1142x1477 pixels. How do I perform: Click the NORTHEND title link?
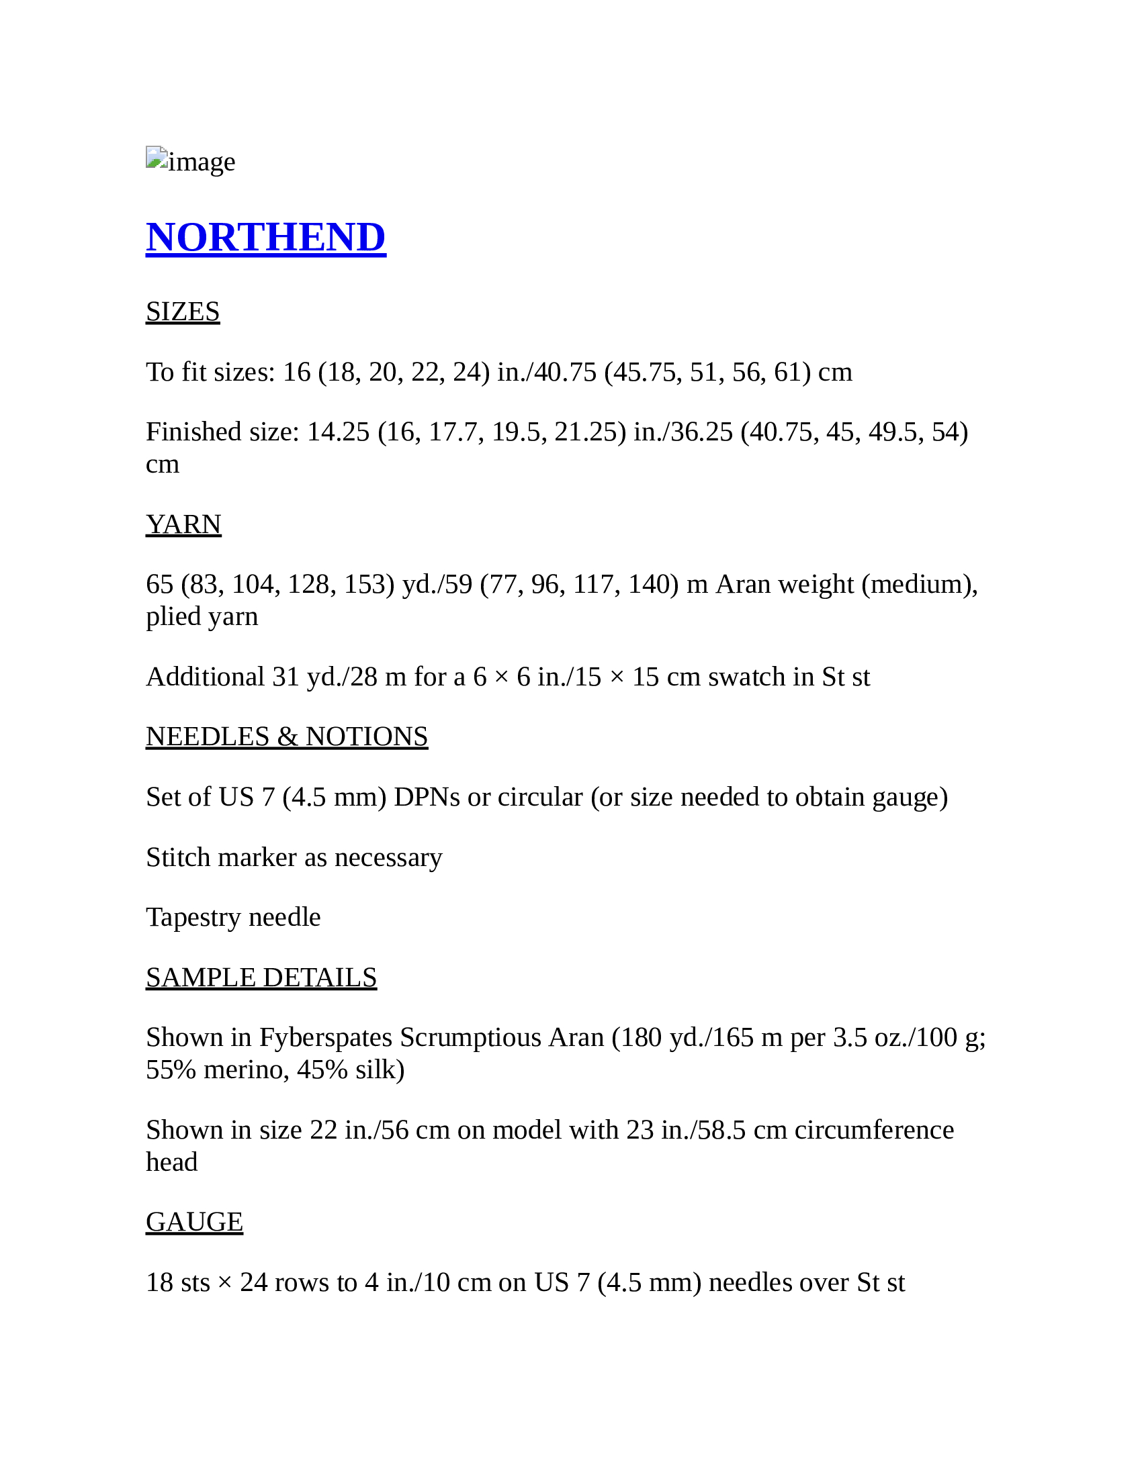(266, 238)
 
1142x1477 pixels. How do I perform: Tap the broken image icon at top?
(157, 158)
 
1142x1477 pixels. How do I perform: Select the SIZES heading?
(183, 312)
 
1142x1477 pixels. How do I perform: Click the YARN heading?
(183, 524)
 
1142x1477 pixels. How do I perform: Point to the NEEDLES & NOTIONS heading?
(287, 736)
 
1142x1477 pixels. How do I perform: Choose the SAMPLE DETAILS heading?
(261, 978)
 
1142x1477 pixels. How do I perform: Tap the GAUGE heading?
(194, 1222)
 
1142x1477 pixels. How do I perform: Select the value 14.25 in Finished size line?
(339, 432)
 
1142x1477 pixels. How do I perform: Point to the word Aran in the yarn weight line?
(743, 584)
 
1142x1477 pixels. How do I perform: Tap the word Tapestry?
(193, 918)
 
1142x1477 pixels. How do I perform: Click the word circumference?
(873, 1130)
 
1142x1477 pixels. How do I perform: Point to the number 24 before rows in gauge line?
(254, 1282)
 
